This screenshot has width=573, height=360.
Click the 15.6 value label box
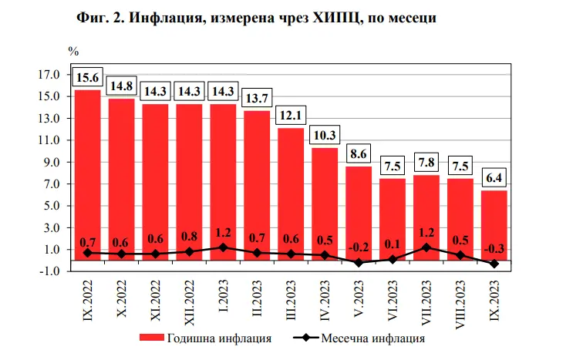(x=87, y=78)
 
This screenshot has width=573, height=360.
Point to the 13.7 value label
(x=257, y=99)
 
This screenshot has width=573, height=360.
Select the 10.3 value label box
(x=325, y=136)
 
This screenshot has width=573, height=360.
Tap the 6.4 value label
(x=494, y=178)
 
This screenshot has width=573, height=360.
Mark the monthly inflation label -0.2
(x=359, y=248)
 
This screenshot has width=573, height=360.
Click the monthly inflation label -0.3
(x=494, y=248)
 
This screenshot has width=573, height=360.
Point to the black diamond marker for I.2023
(x=223, y=247)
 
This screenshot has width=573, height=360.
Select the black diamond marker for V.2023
(x=359, y=263)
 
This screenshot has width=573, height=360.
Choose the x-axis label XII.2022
(x=190, y=301)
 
